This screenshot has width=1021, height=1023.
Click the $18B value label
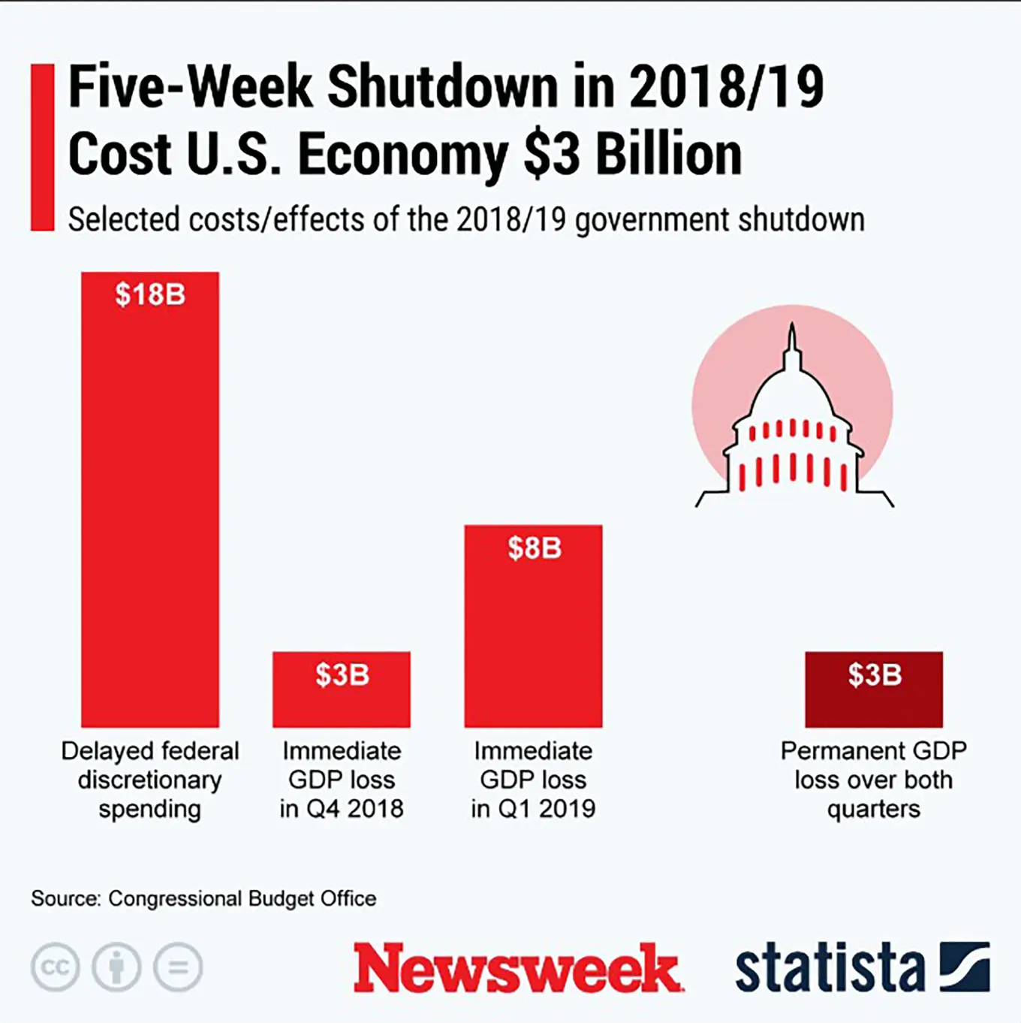150,294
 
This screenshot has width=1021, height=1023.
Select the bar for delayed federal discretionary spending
150,511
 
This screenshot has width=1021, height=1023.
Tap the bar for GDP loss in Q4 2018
342,699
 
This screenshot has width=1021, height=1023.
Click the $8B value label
534,548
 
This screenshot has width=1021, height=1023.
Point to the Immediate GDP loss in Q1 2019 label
533,780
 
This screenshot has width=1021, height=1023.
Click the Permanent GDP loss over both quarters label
874,780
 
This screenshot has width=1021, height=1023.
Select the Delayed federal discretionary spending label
150,780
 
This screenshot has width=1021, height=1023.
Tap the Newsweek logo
518,968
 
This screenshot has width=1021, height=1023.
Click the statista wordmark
830,968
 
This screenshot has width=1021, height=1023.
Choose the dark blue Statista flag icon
965,967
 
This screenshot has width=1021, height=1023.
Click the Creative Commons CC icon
55,967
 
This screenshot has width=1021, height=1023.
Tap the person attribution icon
116,967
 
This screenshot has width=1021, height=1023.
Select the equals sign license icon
178,967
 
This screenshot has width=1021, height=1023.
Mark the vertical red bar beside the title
42,147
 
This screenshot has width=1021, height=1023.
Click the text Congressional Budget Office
242,898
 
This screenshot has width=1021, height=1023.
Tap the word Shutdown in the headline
443,86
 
